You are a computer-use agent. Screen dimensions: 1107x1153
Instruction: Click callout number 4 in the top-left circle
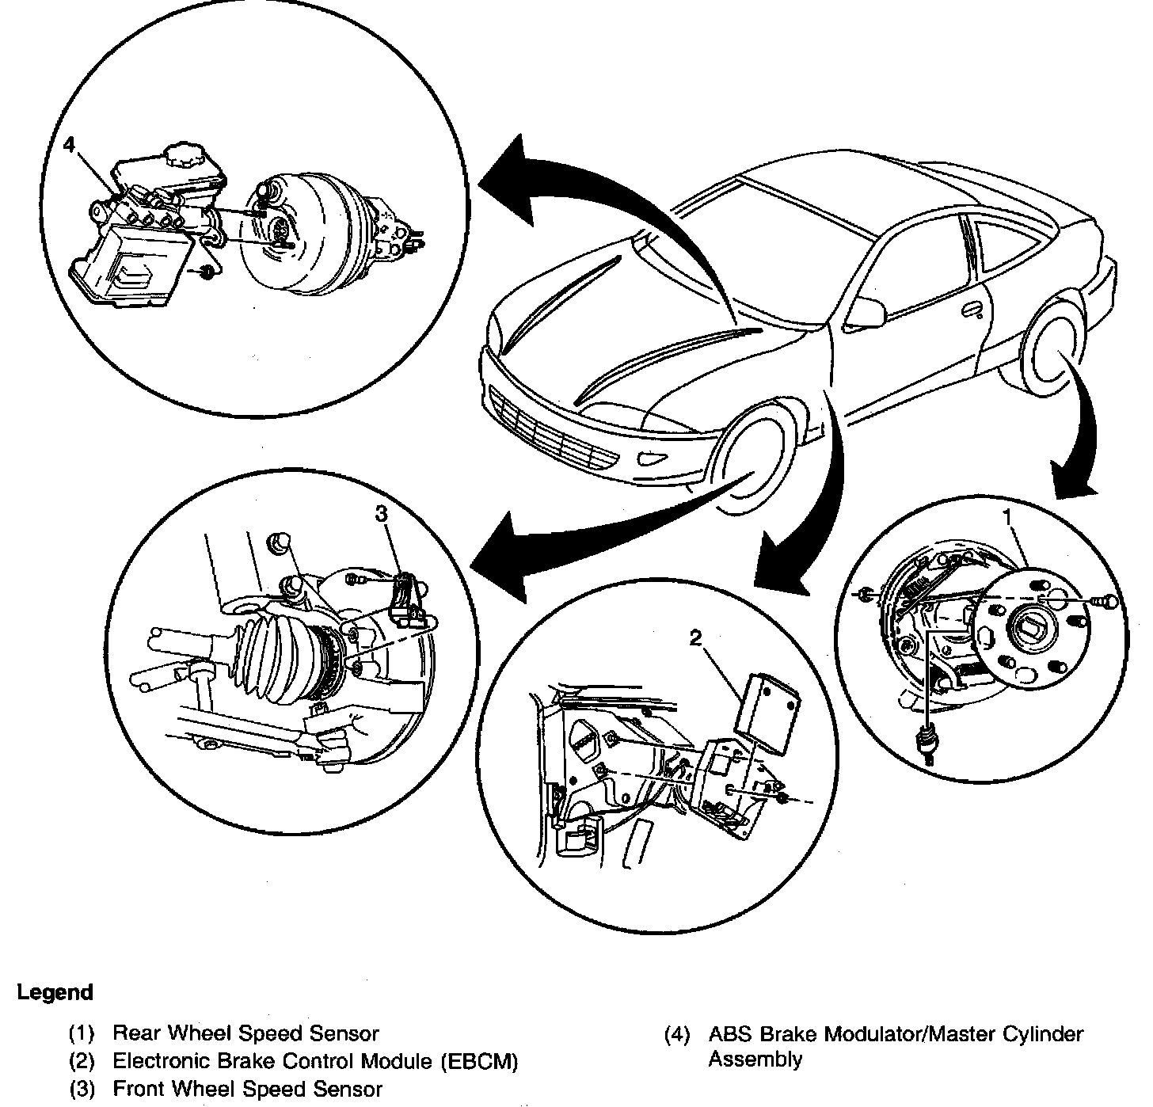click(70, 146)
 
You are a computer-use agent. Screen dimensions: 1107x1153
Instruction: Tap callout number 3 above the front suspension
click(382, 514)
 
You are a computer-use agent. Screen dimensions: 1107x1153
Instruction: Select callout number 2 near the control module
click(695, 638)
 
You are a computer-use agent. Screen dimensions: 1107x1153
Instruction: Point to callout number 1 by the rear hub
click(1008, 516)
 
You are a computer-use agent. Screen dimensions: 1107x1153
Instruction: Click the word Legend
click(55, 992)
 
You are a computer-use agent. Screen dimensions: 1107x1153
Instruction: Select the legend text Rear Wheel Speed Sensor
click(245, 1033)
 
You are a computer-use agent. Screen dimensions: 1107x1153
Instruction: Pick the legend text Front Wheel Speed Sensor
click(248, 1090)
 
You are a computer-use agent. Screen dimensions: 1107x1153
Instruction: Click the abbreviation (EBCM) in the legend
click(478, 1061)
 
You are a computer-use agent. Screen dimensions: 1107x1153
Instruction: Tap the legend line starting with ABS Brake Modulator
click(895, 1033)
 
